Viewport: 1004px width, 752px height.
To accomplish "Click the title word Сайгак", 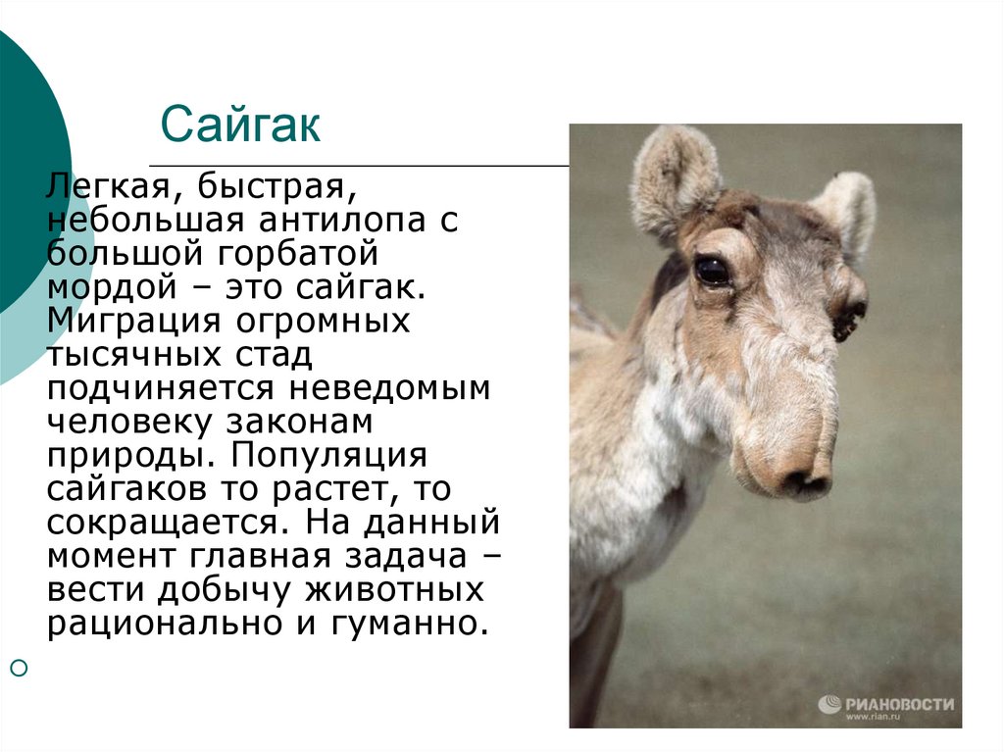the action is tap(240, 125).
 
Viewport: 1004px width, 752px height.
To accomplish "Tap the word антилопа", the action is tap(342, 221).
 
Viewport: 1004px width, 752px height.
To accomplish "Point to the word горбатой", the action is tap(298, 254).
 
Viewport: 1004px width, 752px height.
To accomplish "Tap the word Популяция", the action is tap(329, 457).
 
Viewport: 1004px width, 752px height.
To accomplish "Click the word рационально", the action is tap(165, 624).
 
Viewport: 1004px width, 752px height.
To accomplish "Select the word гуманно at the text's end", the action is tap(405, 624).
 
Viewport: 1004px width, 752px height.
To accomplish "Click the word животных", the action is tap(394, 590).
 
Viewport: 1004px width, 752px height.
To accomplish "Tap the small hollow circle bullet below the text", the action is tap(20, 668).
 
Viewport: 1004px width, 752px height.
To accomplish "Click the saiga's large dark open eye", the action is tap(712, 271).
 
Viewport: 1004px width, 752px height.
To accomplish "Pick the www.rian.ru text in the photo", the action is tap(873, 717).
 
